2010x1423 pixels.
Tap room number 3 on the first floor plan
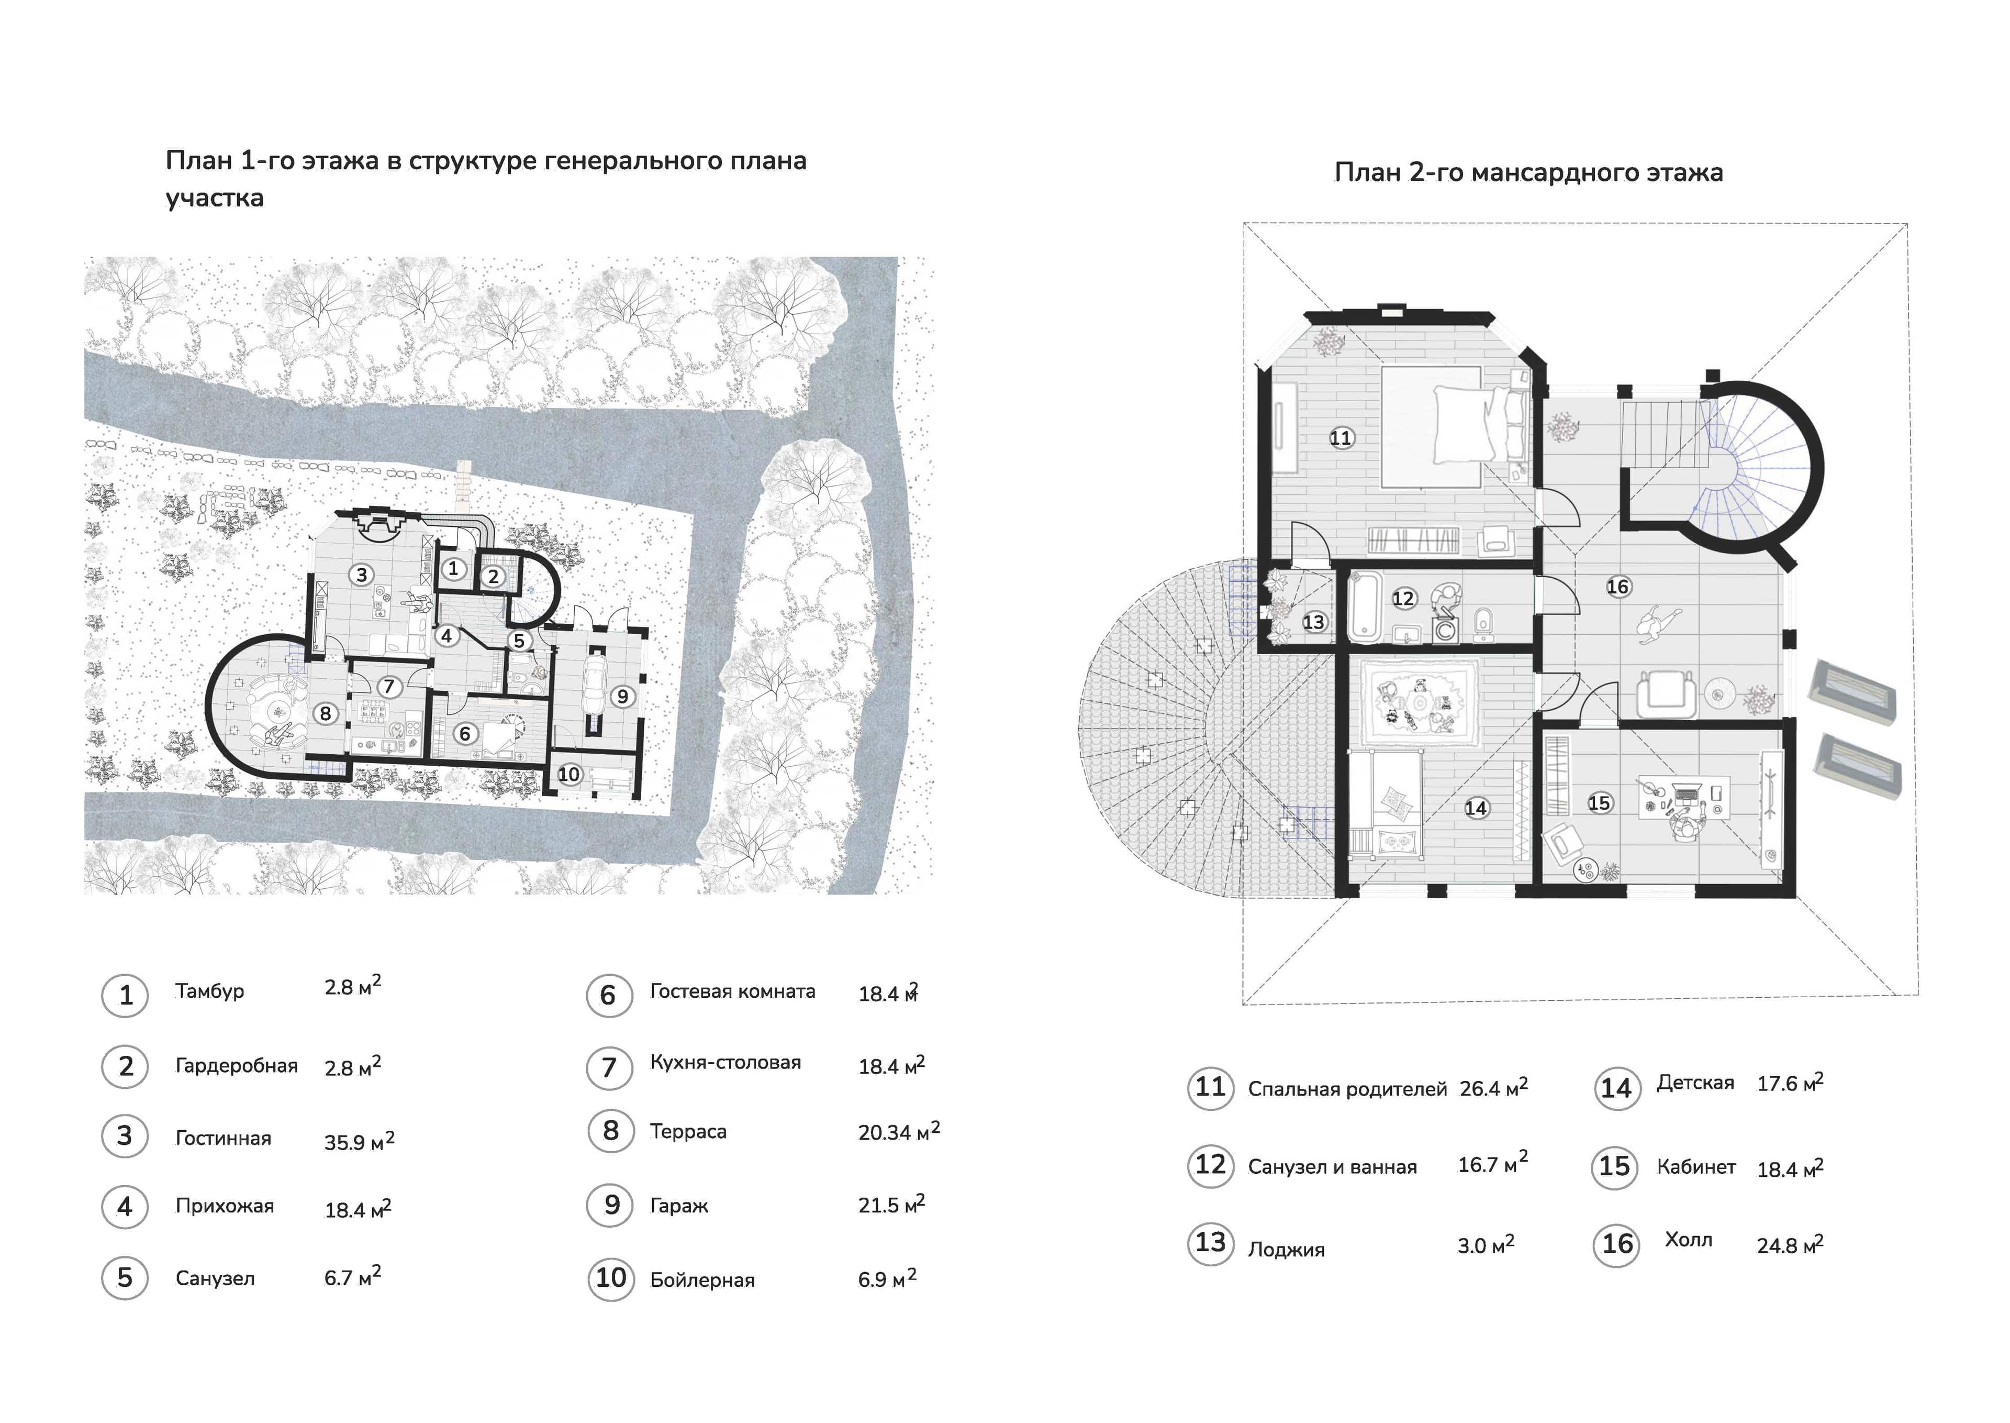point(361,575)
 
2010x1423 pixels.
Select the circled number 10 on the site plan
point(569,775)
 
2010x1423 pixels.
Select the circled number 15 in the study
point(1599,802)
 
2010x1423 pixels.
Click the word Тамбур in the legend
point(209,991)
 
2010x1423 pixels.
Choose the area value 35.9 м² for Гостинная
point(359,1141)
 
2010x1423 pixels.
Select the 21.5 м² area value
point(891,1204)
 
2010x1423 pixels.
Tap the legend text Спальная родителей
point(1347,1089)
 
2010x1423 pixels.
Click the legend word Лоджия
point(1286,1250)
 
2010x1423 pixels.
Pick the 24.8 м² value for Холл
point(1790,1244)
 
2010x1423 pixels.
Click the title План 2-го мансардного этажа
point(1528,173)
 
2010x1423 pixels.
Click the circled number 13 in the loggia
point(1314,622)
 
